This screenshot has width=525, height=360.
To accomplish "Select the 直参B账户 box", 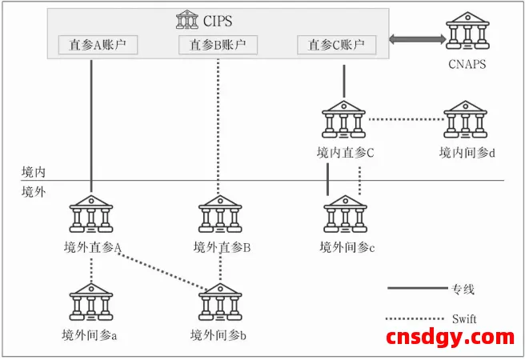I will point(218,45).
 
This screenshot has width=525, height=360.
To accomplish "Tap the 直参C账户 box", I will point(336,45).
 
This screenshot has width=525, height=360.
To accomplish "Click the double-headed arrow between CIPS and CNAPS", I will point(418,39).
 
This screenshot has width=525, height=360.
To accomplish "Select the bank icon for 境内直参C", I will point(345,120).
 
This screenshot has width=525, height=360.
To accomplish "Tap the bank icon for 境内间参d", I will point(467,120).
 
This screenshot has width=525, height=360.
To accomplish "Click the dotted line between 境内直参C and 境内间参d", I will point(406,121).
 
